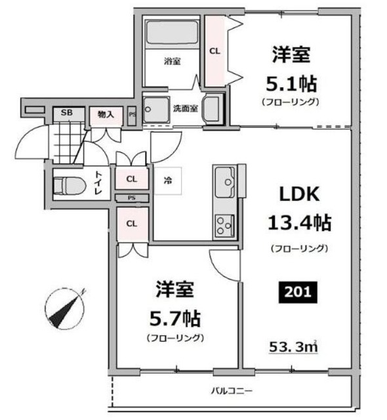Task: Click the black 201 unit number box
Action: (298, 292)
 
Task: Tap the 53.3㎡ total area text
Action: (293, 347)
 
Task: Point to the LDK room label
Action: (299, 194)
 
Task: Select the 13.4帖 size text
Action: (300, 222)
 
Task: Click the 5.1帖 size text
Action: (291, 84)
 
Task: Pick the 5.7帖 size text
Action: (175, 318)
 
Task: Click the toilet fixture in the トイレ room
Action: (70, 186)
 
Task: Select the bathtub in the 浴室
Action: (172, 32)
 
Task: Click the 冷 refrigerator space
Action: (168, 180)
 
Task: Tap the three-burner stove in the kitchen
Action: (225, 226)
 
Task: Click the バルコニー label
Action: (232, 391)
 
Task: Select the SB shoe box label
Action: (67, 112)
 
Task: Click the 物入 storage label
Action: (106, 115)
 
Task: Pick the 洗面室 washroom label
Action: (186, 108)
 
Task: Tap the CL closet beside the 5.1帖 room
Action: (214, 51)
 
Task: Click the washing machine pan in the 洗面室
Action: (156, 110)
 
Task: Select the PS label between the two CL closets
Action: (131, 198)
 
